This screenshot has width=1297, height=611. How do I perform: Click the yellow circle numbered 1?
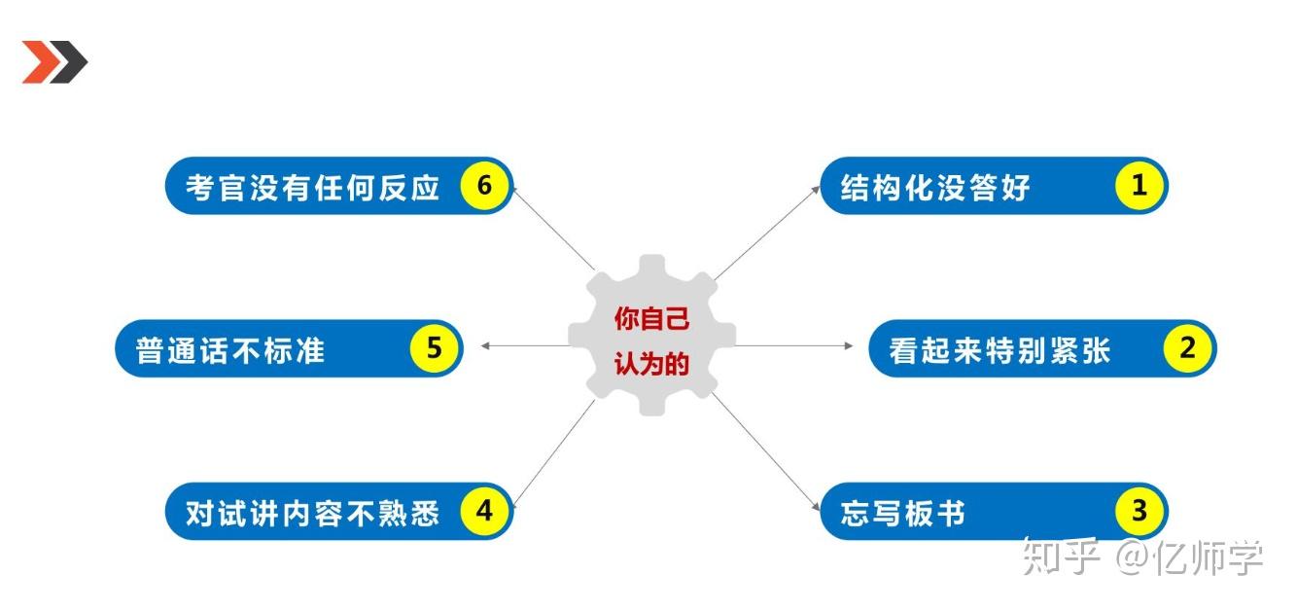point(1139,186)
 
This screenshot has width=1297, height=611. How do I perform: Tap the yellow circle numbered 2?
point(1187,348)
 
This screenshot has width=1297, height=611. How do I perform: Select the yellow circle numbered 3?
point(1139,511)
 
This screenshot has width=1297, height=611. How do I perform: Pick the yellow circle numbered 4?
point(484,511)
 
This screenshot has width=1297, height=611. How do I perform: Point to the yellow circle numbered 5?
point(435,348)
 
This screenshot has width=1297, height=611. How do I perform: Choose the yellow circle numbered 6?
point(484,186)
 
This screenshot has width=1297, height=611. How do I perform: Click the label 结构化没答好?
point(935,188)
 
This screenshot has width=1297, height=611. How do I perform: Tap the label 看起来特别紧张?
point(999,350)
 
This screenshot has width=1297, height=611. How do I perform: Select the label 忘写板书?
point(902,513)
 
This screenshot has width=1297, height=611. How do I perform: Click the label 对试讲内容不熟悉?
point(313,513)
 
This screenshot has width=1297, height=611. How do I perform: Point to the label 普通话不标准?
point(229,350)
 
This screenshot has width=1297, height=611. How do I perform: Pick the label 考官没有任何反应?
point(313,188)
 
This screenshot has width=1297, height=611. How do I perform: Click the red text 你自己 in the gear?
point(652,318)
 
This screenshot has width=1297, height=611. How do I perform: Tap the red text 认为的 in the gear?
point(652,364)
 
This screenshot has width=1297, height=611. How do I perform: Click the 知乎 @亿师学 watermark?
point(1142,557)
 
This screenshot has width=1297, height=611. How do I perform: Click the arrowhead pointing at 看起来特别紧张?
point(849,345)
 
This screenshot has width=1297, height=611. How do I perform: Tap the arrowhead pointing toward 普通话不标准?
point(486,345)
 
